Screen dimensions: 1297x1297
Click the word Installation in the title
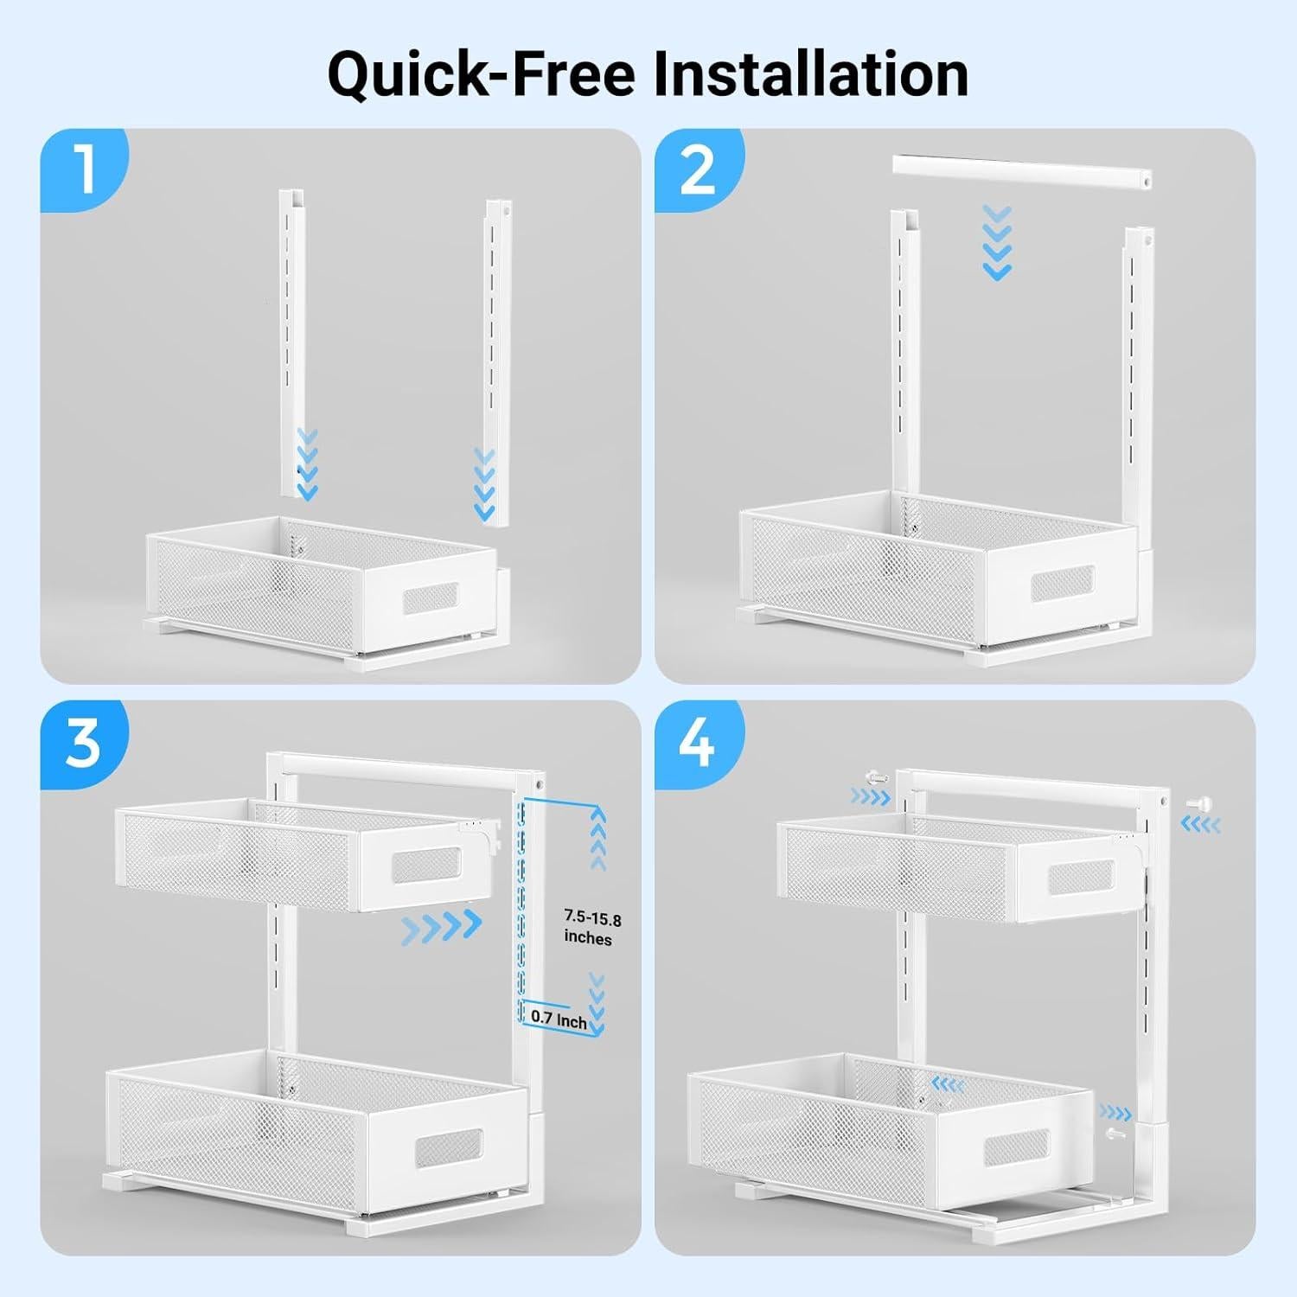[x=810, y=74]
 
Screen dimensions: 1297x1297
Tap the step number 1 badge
[x=84, y=169]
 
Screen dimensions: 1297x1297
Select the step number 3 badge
[x=84, y=741]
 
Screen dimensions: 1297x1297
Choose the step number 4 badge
[x=698, y=741]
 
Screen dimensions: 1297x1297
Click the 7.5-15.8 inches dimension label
[x=592, y=926]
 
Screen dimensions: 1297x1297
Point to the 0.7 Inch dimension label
[x=559, y=1019]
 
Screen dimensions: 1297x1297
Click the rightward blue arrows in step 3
[x=442, y=926]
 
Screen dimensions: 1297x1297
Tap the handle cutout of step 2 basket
[x=1063, y=585]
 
